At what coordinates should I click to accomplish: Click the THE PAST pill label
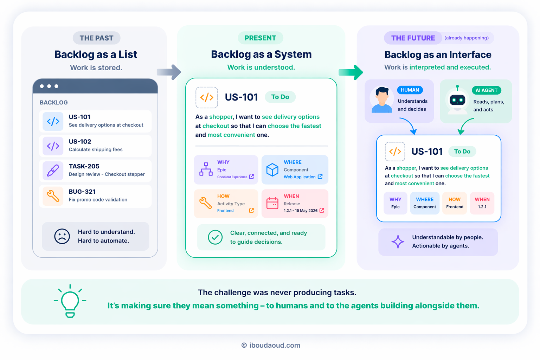(96, 38)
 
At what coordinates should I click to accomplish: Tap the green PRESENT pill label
(260, 38)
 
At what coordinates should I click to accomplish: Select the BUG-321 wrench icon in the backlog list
(53, 196)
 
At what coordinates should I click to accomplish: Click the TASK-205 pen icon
(53, 171)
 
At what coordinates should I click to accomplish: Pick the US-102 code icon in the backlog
(53, 146)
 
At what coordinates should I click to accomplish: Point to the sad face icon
(62, 236)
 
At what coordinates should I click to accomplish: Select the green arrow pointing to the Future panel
(351, 72)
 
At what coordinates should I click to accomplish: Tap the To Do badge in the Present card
(280, 97)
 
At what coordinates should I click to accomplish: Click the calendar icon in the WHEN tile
(272, 203)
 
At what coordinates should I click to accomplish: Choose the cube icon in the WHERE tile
(272, 169)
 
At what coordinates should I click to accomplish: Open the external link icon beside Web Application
(320, 177)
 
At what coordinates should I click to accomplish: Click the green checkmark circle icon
(215, 237)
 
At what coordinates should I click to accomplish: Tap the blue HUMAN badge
(410, 90)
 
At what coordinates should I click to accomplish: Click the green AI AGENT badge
(486, 90)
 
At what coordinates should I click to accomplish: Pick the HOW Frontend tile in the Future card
(455, 203)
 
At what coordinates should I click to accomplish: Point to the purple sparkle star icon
(398, 242)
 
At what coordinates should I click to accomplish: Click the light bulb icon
(70, 301)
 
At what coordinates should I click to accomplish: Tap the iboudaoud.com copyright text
(271, 345)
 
